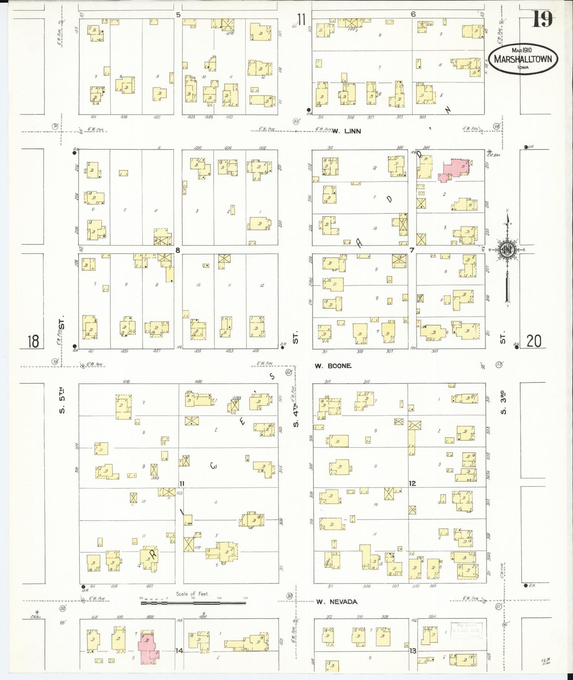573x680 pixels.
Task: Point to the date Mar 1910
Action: point(521,50)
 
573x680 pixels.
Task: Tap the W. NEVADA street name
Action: point(337,602)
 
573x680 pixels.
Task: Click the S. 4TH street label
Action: point(296,413)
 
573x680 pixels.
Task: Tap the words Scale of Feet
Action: point(192,594)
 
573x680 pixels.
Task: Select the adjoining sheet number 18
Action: point(33,341)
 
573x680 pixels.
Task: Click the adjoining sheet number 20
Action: point(534,341)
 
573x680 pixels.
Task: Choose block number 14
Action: point(179,651)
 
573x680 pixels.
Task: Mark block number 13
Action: point(413,651)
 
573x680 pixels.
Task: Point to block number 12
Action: point(412,483)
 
